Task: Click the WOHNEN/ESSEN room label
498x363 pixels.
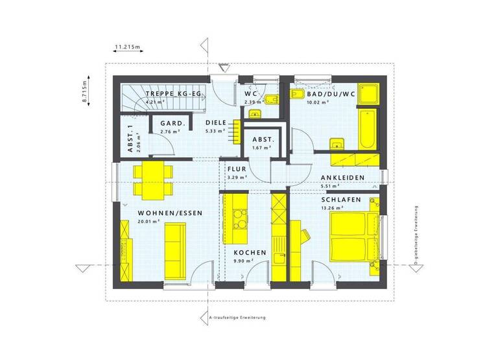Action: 170,213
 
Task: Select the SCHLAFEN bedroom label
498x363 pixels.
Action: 340,200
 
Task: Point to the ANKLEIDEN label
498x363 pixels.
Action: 342,178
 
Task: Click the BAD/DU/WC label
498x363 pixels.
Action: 331,94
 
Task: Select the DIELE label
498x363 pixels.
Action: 215,123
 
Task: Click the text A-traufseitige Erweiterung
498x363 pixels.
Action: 237,318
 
